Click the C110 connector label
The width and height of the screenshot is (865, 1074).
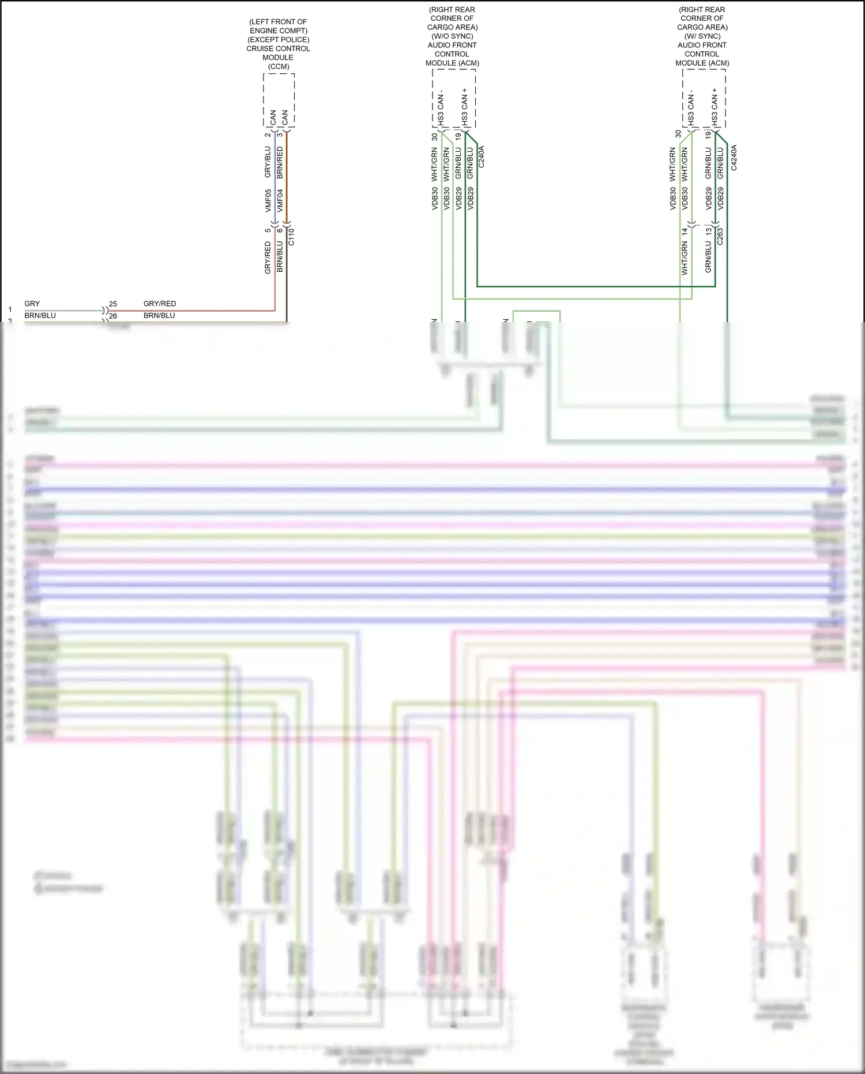point(291,237)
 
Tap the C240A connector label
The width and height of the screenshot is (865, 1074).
point(482,157)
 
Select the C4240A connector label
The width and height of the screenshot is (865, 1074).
point(734,157)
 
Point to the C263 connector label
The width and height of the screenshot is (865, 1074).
point(720,237)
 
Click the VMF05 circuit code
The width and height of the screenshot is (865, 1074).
point(268,200)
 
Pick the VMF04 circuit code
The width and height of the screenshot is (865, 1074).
point(280,200)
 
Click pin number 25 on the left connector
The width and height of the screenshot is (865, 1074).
point(113,304)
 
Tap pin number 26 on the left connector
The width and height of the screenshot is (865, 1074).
point(113,316)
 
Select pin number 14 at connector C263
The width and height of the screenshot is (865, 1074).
point(685,231)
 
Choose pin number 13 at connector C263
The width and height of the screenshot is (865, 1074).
point(708,231)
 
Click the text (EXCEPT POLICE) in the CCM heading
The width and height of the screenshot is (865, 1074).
point(279,40)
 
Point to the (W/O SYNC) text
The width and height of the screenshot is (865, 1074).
point(452,36)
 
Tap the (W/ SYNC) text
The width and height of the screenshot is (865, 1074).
point(702,36)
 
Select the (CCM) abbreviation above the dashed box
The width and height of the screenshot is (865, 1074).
point(279,66)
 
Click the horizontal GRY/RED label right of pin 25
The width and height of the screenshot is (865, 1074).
point(160,304)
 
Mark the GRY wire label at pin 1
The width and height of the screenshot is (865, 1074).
point(32,304)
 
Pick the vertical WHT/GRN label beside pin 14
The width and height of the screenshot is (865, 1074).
point(685,258)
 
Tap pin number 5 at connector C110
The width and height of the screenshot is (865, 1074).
point(268,230)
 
